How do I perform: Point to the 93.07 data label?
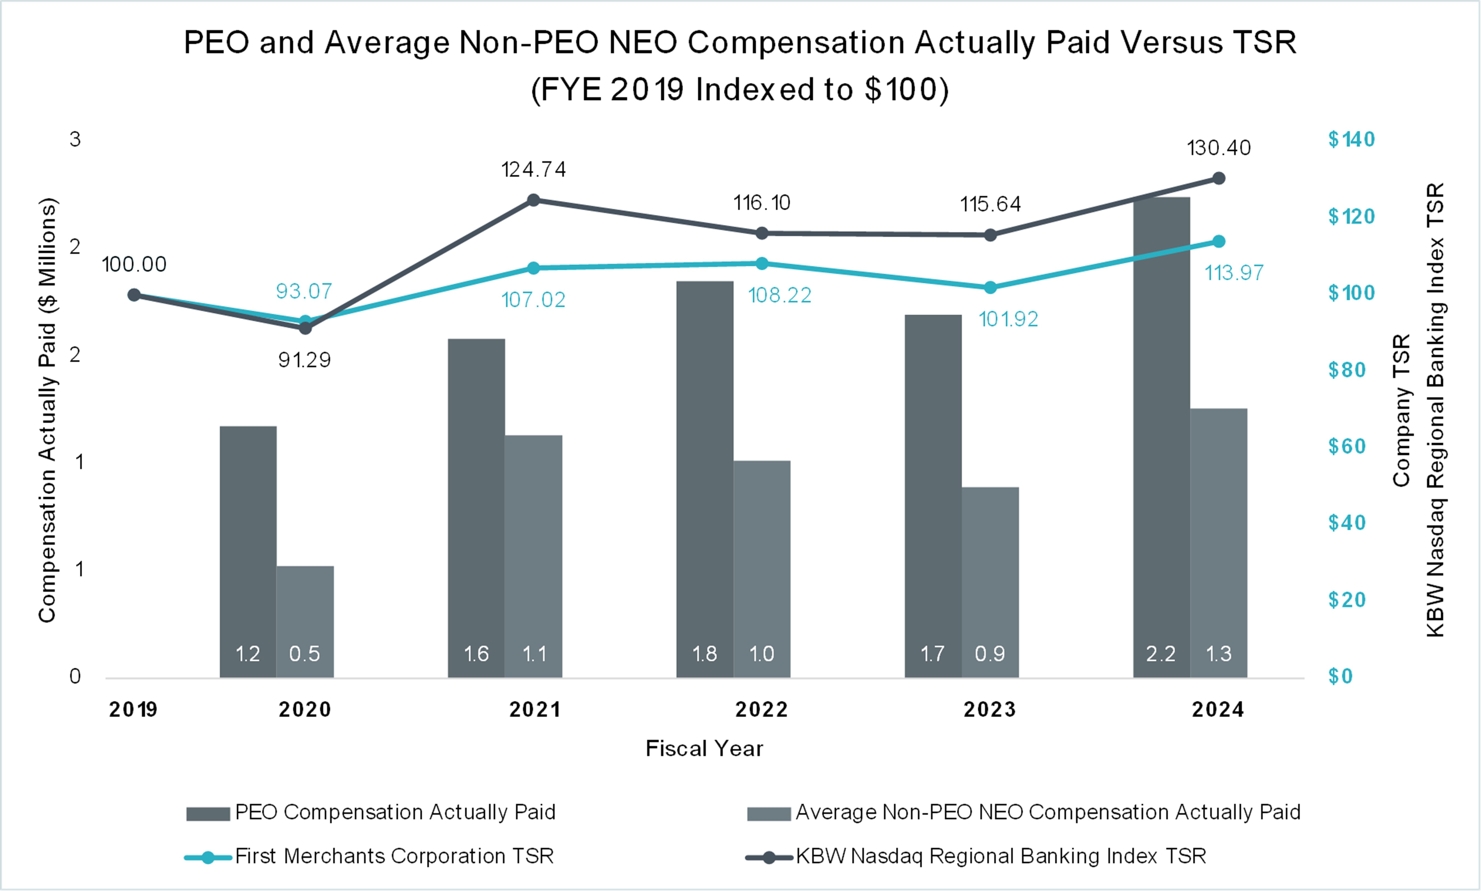click(x=304, y=291)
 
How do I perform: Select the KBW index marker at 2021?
click(x=533, y=200)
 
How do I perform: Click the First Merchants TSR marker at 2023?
click(x=990, y=288)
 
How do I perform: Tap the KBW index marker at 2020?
click(x=305, y=328)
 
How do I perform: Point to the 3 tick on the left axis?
click(x=75, y=139)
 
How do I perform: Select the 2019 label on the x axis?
click(x=133, y=710)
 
